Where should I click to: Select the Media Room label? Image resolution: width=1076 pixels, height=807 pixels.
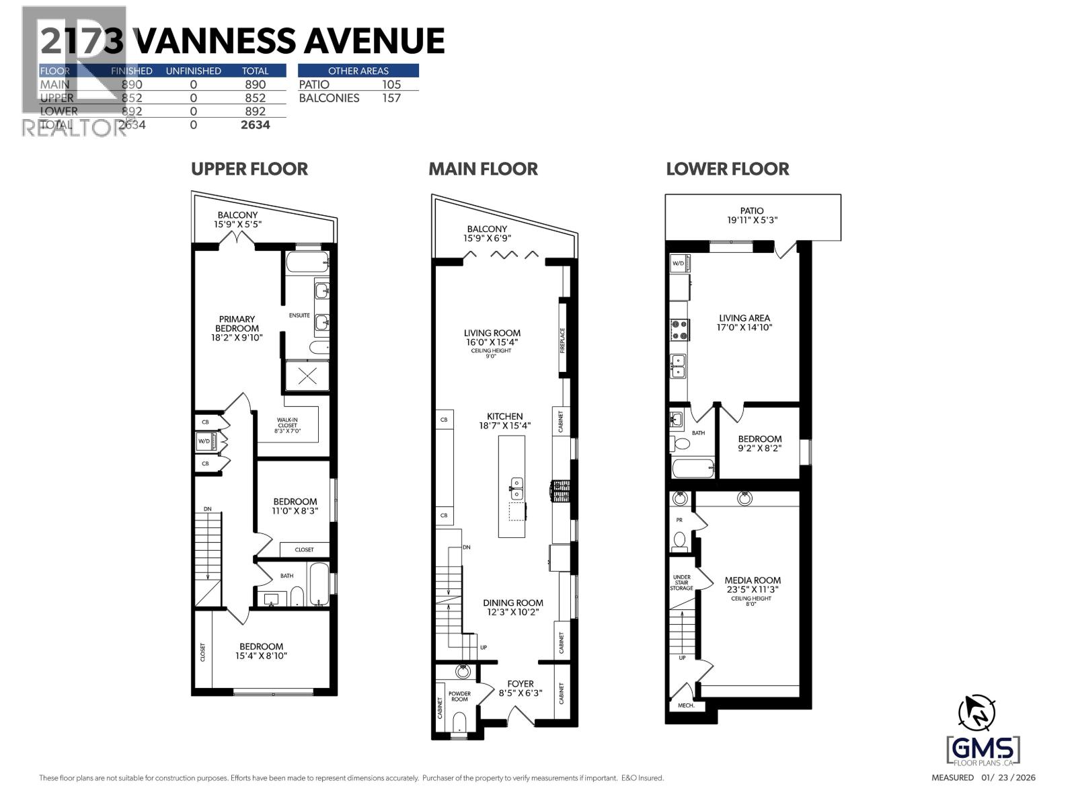[753, 580]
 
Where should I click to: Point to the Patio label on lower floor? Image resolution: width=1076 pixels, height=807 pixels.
[752, 210]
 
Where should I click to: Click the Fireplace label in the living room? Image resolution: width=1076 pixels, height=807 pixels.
[563, 340]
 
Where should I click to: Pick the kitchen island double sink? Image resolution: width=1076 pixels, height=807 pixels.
[516, 488]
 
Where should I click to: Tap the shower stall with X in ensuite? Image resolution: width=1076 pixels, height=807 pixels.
[307, 377]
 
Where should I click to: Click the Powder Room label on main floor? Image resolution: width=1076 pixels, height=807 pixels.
[459, 696]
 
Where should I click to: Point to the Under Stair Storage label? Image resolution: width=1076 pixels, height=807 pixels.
[681, 582]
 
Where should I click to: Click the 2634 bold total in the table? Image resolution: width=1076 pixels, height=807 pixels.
[255, 124]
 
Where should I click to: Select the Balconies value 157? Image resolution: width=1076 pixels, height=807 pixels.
[391, 98]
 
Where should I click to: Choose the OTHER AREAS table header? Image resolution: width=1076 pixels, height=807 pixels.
[358, 71]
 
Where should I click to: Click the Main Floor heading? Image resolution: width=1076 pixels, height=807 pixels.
[483, 169]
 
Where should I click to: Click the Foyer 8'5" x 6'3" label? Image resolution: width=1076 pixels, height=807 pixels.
[520, 688]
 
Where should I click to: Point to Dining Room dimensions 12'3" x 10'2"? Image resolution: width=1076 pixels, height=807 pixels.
[512, 612]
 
